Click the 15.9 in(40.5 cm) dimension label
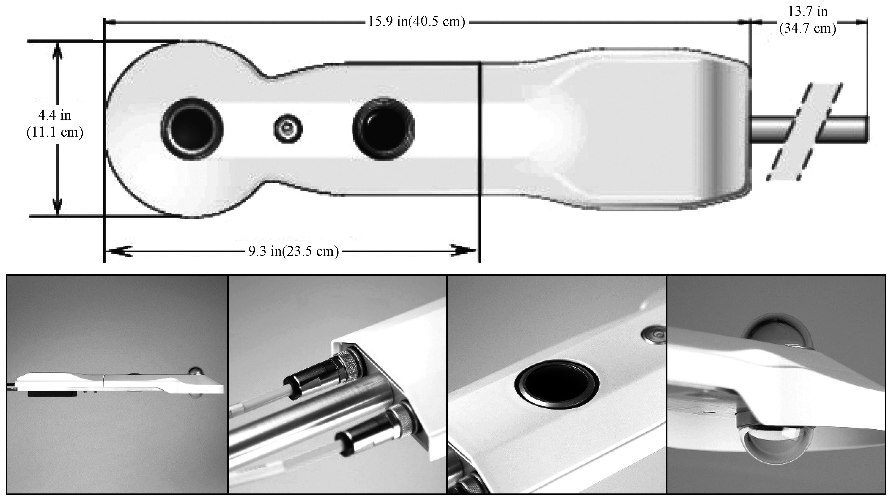[416, 22]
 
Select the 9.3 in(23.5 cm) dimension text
[294, 251]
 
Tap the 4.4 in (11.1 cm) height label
[55, 123]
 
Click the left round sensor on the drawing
[192, 129]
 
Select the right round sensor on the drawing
[383, 129]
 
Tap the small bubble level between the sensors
[288, 129]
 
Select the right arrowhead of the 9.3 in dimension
[464, 251]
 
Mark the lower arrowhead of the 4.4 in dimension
[57, 207]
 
